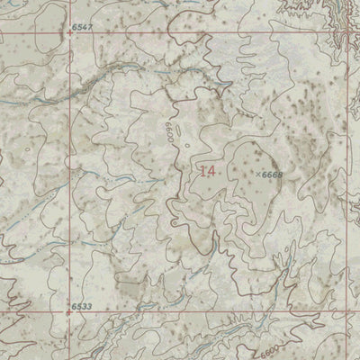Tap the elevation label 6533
pos(83,307)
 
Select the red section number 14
pos(208,169)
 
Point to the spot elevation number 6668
pos(271,174)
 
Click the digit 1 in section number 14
pos(202,169)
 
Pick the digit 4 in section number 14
pos(212,169)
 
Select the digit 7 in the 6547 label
pos(90,30)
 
